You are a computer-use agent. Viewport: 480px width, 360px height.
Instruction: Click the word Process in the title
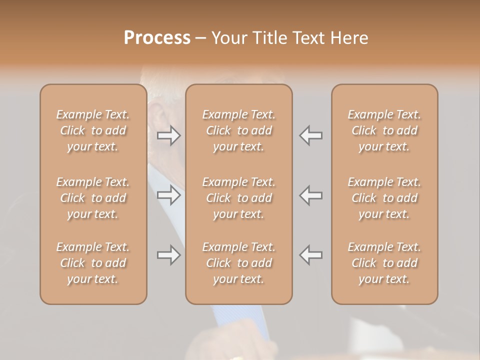click(x=157, y=38)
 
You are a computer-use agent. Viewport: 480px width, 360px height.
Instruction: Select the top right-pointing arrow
click(x=169, y=135)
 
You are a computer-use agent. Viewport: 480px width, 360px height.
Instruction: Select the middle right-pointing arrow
click(x=169, y=195)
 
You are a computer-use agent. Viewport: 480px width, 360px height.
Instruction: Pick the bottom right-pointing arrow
click(x=169, y=255)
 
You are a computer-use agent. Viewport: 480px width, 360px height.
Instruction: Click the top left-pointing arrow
click(x=310, y=135)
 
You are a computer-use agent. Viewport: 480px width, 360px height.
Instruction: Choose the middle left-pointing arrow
click(x=310, y=195)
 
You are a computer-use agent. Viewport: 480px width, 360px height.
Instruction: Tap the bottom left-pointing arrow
click(x=310, y=255)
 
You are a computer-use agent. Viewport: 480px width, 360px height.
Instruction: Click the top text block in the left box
click(x=93, y=130)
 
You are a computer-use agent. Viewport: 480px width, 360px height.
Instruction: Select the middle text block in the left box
click(x=93, y=198)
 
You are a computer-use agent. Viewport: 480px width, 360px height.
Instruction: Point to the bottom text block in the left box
click(x=93, y=263)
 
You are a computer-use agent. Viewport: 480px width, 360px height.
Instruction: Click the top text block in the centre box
click(x=239, y=130)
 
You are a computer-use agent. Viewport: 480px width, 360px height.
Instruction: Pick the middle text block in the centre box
click(x=239, y=198)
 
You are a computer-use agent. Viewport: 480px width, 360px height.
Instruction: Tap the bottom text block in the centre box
click(x=239, y=263)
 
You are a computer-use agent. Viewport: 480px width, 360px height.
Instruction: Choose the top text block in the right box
click(x=384, y=130)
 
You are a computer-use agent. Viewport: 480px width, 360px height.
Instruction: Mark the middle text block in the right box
click(x=384, y=198)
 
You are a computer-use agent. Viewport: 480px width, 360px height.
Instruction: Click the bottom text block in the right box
click(x=384, y=263)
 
